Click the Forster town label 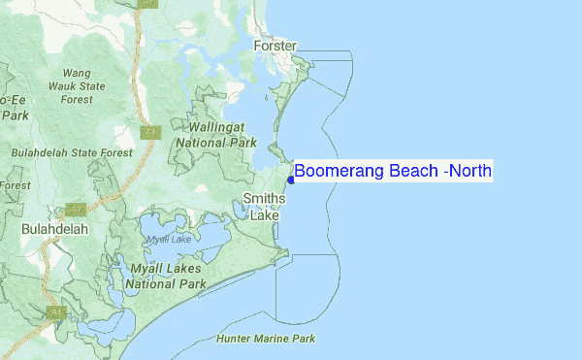coord(275,46)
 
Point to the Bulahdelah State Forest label coord(72,152)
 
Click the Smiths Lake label coord(264,207)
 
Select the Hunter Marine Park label coord(266,340)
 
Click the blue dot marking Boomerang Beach coord(291,180)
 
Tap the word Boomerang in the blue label coord(340,172)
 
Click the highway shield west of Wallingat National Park coord(149,132)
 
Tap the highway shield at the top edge coord(146,4)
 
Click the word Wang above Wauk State coord(77,73)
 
